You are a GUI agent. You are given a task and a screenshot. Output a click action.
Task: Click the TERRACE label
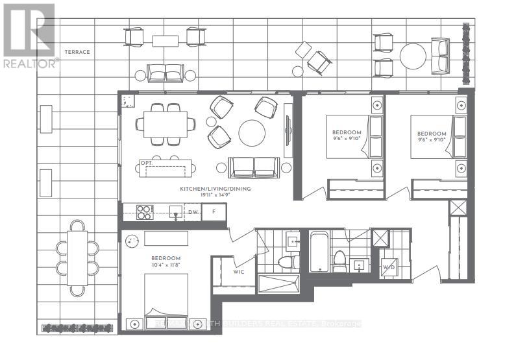point(77,51)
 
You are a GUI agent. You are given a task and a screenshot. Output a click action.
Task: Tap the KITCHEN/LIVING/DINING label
point(215,189)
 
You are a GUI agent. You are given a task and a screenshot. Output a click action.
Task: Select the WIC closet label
point(239,272)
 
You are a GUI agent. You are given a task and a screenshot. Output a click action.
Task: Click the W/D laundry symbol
point(389,267)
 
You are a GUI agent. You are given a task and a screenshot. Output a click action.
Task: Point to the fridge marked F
point(213,211)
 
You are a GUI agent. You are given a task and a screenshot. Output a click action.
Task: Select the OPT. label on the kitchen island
point(147,163)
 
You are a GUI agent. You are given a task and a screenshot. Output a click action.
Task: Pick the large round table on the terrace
point(413,56)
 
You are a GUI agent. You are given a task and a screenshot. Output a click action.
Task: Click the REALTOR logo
point(29,36)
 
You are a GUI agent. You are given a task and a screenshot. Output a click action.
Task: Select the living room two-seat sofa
point(254,167)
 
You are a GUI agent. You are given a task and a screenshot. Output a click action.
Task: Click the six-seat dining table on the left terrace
point(77,258)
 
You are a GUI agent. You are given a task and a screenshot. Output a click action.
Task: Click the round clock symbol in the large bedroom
point(132,239)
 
